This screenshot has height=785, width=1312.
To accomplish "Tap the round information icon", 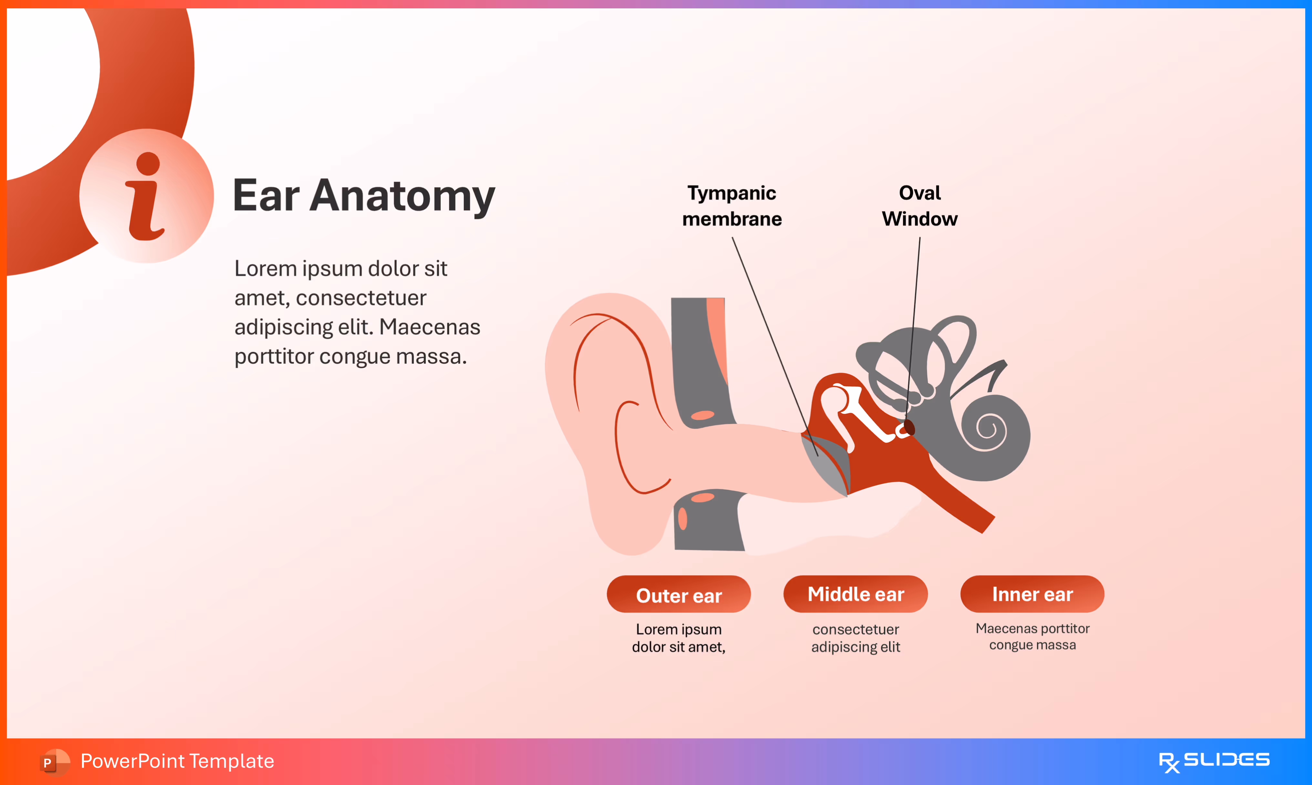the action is click(147, 196).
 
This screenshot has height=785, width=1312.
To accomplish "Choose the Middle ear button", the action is click(855, 594).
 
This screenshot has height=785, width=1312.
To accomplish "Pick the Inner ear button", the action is click(1032, 594).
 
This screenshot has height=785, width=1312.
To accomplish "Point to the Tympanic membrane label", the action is click(732, 206).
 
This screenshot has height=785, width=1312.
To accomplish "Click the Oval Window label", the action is click(919, 206).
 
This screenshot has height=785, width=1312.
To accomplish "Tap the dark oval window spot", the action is click(909, 427).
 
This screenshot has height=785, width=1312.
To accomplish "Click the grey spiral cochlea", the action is click(989, 428).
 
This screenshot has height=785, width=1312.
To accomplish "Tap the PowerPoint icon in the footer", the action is click(54, 762).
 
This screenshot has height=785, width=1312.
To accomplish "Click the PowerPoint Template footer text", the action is click(177, 761).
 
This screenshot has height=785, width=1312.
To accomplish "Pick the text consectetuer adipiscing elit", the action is click(855, 638).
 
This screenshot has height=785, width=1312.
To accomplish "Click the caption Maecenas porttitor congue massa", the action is click(1032, 636).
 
